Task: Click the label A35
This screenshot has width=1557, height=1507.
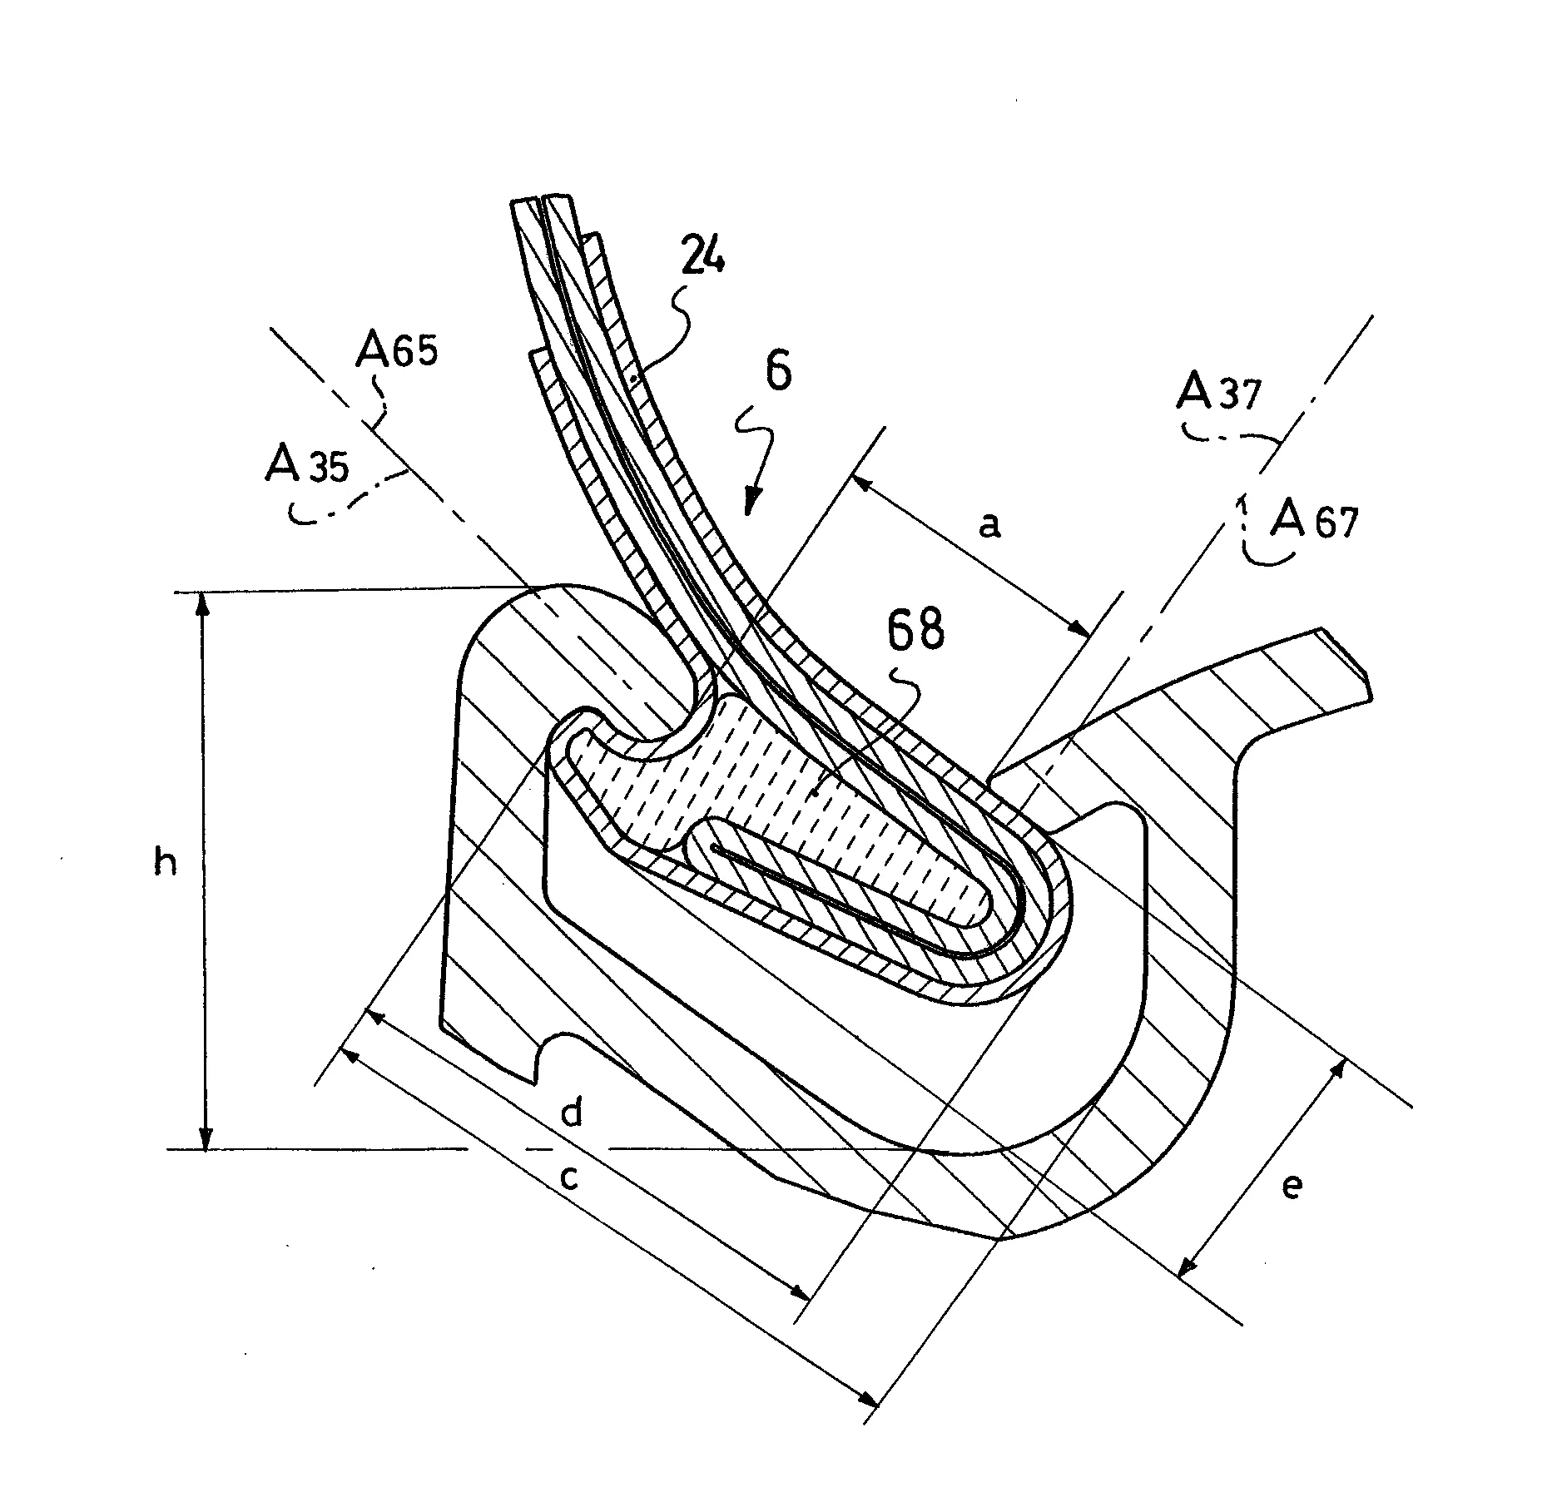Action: (x=306, y=465)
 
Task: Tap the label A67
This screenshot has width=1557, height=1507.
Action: (x=1314, y=521)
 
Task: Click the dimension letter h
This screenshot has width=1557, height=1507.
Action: (x=166, y=865)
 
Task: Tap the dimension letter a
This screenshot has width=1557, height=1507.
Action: (x=989, y=525)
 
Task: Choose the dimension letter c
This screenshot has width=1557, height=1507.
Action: (x=568, y=1177)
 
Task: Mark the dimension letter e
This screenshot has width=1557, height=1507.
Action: (x=1291, y=1187)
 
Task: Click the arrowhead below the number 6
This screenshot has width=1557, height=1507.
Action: (x=751, y=503)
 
